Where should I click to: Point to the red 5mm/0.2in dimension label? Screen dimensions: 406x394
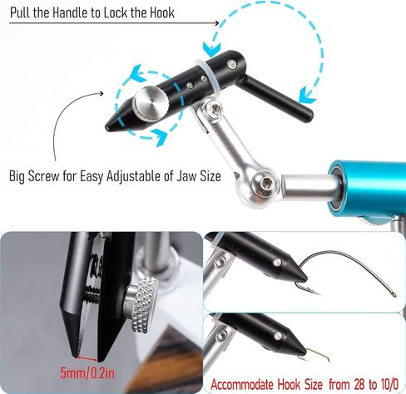point(87,374)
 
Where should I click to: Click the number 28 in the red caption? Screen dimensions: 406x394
point(360,384)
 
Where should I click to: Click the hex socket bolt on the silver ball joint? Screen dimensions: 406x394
point(265,184)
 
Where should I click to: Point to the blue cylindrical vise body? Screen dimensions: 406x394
point(367,190)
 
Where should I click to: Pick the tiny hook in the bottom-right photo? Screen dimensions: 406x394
point(316,356)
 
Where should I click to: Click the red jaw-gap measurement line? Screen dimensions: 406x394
point(87,358)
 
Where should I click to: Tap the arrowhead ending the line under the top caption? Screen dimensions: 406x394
point(217,23)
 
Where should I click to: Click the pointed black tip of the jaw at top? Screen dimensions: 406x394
point(106,128)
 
